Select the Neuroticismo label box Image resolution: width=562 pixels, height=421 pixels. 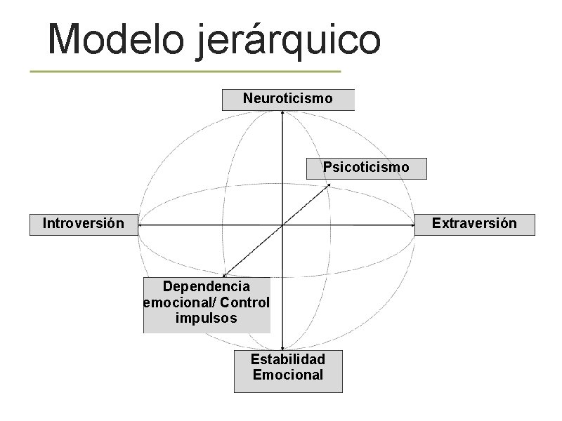[x=288, y=99]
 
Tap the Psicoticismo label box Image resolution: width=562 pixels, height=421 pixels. [x=366, y=168]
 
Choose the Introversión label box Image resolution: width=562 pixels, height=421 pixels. [x=83, y=224]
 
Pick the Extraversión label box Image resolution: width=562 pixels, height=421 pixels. [x=474, y=224]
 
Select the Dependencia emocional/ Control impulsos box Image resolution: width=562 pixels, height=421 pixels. [x=207, y=303]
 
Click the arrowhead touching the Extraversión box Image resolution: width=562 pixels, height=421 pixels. [x=413, y=225]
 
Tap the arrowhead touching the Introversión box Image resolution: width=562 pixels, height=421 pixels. [x=139, y=225]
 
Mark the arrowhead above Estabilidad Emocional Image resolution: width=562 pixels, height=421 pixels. [x=282, y=347]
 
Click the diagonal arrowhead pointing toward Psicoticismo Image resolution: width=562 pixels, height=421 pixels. [x=327, y=185]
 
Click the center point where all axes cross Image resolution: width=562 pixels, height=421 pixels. [x=282, y=225]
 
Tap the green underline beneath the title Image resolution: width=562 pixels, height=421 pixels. [x=185, y=72]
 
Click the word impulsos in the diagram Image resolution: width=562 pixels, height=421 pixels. [x=207, y=319]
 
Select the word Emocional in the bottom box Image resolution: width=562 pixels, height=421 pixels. [x=288, y=375]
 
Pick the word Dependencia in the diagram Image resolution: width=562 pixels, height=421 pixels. [x=207, y=287]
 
